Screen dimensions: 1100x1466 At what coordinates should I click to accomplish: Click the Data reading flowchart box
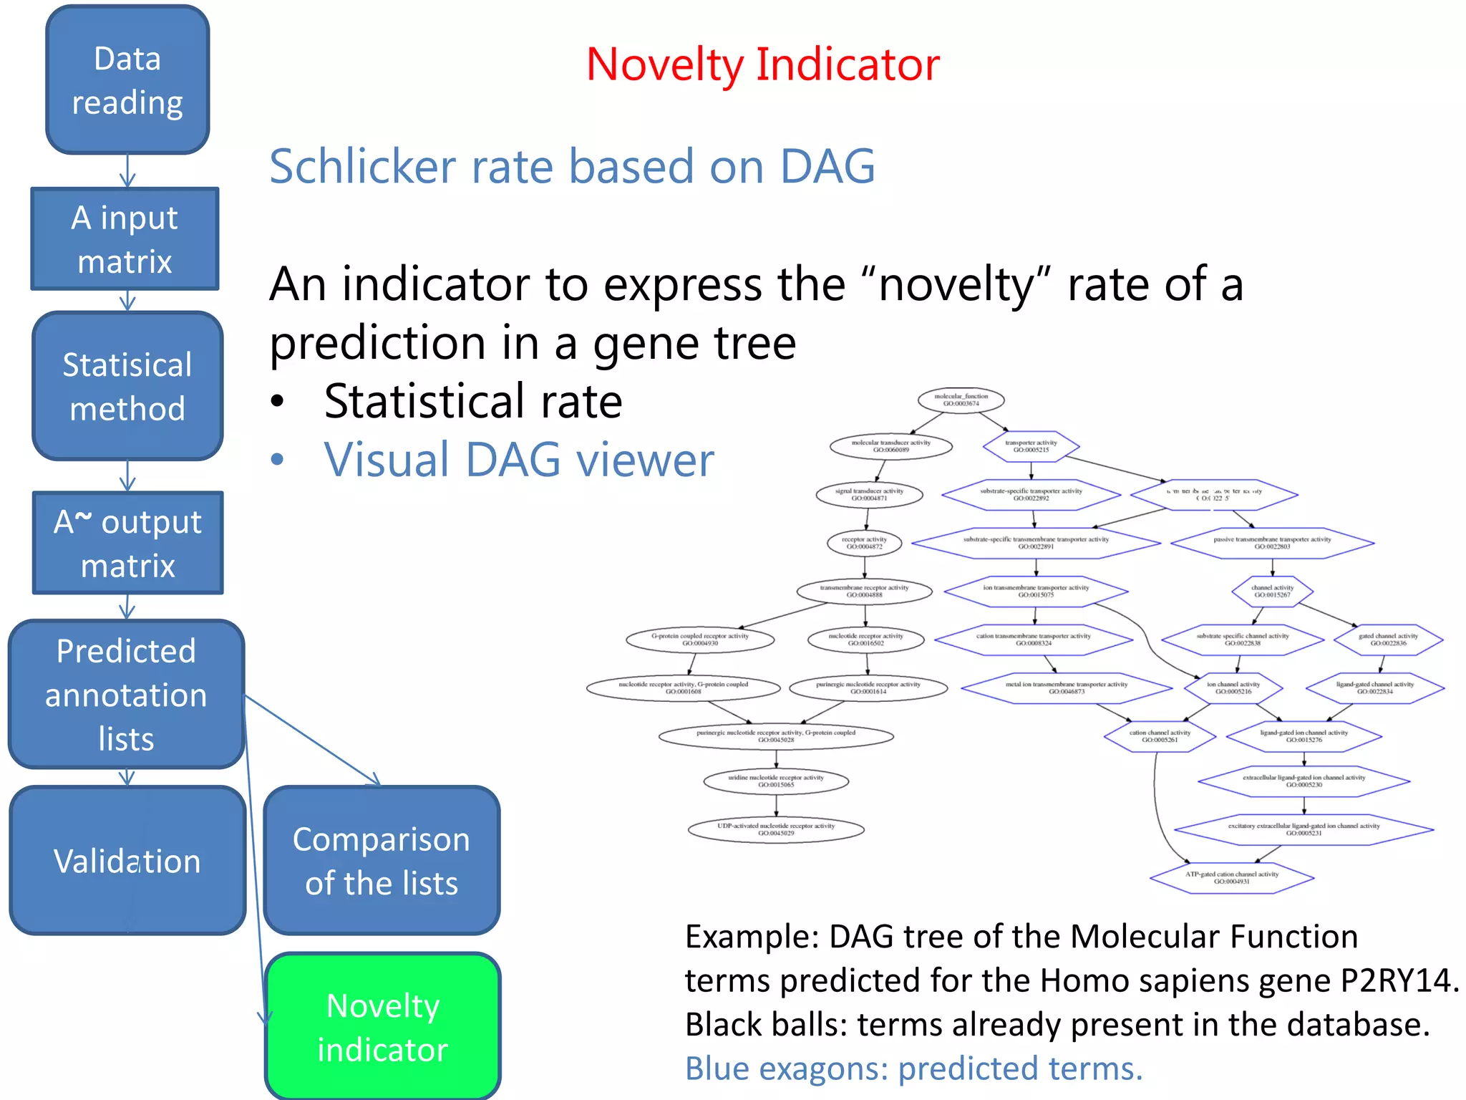tap(127, 80)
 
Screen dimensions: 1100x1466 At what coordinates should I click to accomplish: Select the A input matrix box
tap(125, 239)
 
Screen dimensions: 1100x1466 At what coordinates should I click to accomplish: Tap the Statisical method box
tap(127, 387)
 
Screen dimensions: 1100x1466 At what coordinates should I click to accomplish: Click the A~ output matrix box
tap(127, 543)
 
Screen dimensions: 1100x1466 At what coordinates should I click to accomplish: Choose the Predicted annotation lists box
tap(126, 695)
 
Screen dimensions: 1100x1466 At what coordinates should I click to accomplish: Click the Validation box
tap(127, 861)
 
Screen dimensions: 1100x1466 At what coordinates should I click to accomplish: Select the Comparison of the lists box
tap(382, 861)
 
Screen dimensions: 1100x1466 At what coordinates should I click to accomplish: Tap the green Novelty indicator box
tap(382, 1027)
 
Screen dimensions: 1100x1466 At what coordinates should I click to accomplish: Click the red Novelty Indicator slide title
tap(762, 64)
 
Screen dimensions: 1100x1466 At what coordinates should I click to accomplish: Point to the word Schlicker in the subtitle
tap(362, 166)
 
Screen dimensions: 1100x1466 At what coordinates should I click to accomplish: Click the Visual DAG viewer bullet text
tap(519, 460)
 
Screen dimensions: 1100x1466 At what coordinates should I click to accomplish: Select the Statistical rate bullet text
tap(473, 401)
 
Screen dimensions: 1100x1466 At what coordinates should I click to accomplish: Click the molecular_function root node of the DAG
tap(961, 400)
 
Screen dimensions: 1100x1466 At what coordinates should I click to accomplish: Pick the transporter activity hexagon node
tap(1031, 446)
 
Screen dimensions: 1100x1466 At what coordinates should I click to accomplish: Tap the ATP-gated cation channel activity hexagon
tap(1231, 877)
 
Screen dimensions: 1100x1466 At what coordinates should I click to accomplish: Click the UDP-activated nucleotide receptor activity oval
tap(776, 829)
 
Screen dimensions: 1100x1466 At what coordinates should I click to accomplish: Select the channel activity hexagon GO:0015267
tap(1272, 591)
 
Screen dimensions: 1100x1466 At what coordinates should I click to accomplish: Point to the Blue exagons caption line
tap(913, 1068)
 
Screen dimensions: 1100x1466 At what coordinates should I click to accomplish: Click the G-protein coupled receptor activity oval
tap(699, 640)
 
